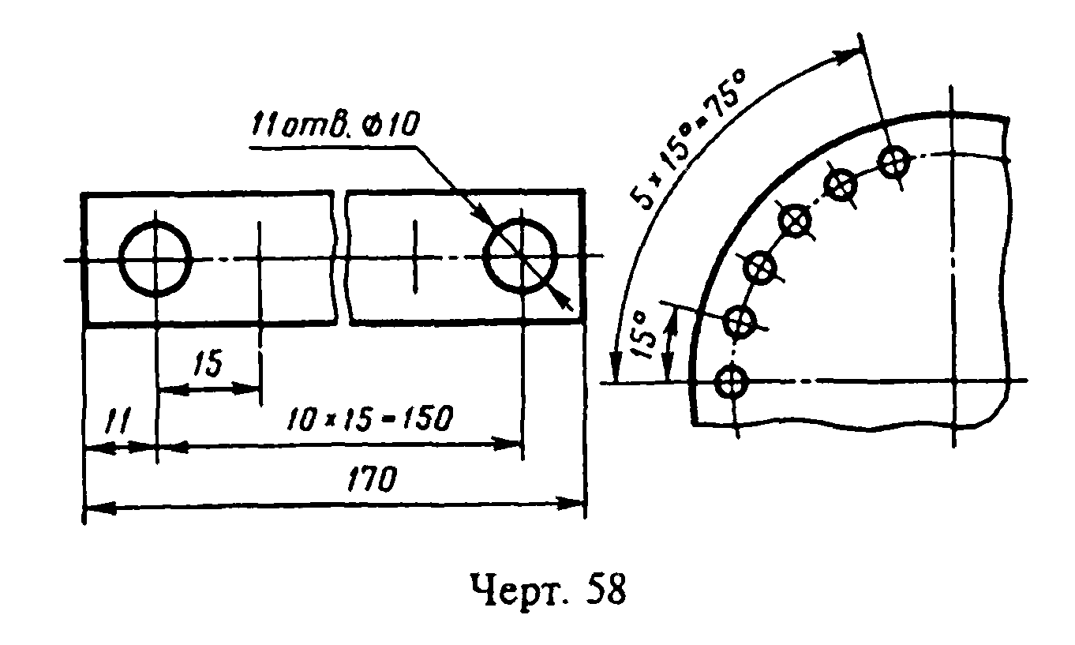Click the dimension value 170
click(x=372, y=479)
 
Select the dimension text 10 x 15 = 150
click(x=369, y=418)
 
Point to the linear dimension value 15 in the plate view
click(x=208, y=363)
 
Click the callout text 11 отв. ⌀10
click(x=335, y=126)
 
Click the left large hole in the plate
click(x=155, y=259)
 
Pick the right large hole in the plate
click(x=521, y=256)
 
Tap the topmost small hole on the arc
click(x=893, y=162)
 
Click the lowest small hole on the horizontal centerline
click(x=732, y=381)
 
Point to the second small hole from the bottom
click(x=740, y=321)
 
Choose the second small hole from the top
click(x=841, y=184)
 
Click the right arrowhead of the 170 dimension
click(x=571, y=504)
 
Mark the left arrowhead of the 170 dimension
click(x=100, y=508)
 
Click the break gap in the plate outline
click(x=340, y=257)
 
